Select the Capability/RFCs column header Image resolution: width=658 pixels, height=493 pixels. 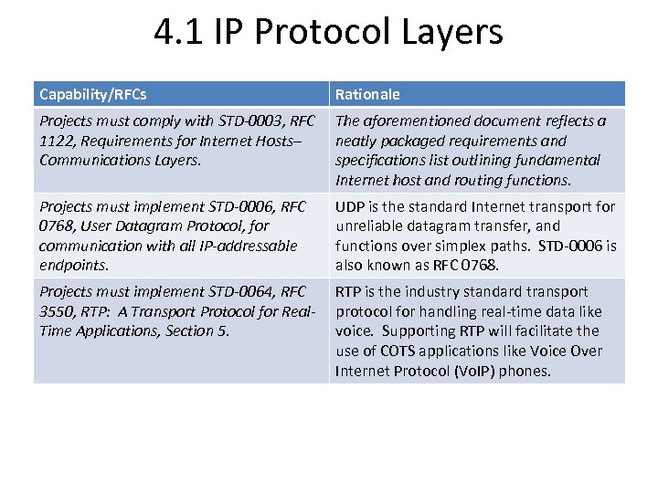(93, 94)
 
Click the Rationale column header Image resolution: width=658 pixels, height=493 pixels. (367, 94)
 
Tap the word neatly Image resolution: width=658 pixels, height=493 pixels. (358, 141)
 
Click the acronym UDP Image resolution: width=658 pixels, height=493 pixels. (351, 206)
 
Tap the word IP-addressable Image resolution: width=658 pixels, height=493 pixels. (248, 246)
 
